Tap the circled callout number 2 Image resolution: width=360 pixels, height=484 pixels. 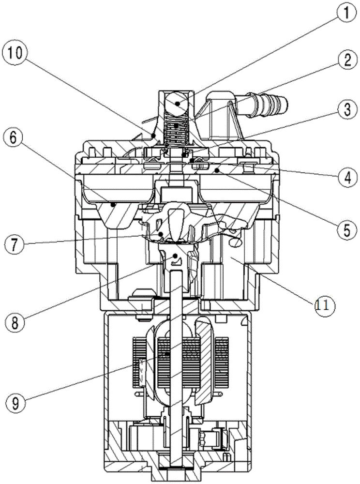click(x=347, y=60)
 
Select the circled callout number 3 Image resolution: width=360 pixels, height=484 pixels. click(x=347, y=109)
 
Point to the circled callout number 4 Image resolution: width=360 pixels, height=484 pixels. click(x=347, y=178)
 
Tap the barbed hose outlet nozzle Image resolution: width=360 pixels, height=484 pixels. click(x=265, y=104)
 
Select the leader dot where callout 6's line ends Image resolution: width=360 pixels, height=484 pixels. click(x=114, y=204)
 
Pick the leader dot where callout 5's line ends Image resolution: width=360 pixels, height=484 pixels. click(x=218, y=170)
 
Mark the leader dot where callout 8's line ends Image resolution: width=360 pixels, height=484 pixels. click(x=176, y=256)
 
